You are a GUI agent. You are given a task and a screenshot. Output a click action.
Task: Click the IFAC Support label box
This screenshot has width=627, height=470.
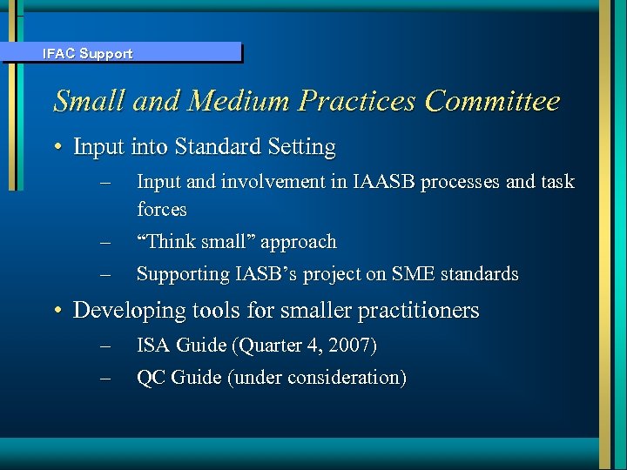coord(121,53)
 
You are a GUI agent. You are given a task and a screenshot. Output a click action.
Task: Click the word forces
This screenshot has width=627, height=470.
coord(162,210)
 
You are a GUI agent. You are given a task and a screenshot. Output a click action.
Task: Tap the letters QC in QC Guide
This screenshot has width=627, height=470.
coord(151,378)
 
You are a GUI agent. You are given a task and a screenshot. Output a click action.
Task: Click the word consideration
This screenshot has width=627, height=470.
coord(345,378)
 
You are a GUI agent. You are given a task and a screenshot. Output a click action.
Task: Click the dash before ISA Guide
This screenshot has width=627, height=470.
coord(106,346)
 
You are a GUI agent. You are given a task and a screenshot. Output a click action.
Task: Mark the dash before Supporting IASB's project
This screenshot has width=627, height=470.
coord(106,274)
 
